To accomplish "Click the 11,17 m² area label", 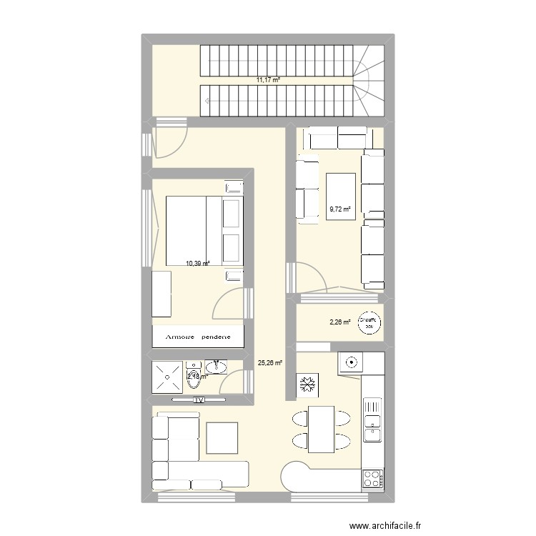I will point(268,80).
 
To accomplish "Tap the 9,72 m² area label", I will point(340,209).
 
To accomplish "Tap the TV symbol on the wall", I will point(199,400).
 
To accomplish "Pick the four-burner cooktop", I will point(373,477).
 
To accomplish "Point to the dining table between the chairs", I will point(322,429).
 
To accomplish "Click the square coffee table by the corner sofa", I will point(222,437).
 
